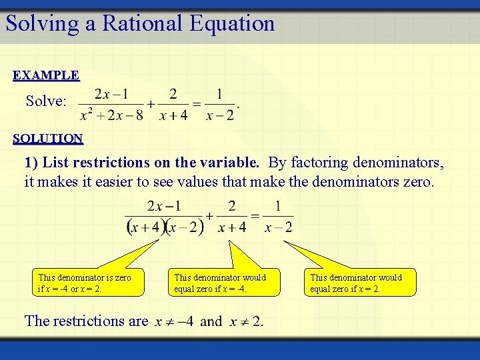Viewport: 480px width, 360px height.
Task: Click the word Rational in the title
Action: (134, 23)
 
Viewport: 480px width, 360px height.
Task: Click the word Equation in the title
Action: (232, 23)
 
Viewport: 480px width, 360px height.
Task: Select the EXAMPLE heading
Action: (46, 75)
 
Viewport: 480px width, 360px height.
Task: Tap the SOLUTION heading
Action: (48, 139)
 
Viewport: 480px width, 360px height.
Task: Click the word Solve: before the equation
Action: (46, 101)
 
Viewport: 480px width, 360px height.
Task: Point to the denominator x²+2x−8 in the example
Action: (111, 115)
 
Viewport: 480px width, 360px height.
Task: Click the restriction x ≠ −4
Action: (174, 322)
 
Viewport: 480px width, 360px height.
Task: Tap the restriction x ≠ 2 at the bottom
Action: (246, 322)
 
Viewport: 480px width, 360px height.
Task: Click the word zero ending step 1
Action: (417, 181)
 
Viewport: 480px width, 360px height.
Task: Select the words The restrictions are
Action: (86, 321)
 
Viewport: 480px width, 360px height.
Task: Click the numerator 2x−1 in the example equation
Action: (112, 93)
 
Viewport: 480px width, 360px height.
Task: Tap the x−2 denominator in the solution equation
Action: (278, 228)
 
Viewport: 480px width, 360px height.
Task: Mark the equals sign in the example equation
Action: (197, 104)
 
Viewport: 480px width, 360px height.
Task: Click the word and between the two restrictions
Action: (211, 322)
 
